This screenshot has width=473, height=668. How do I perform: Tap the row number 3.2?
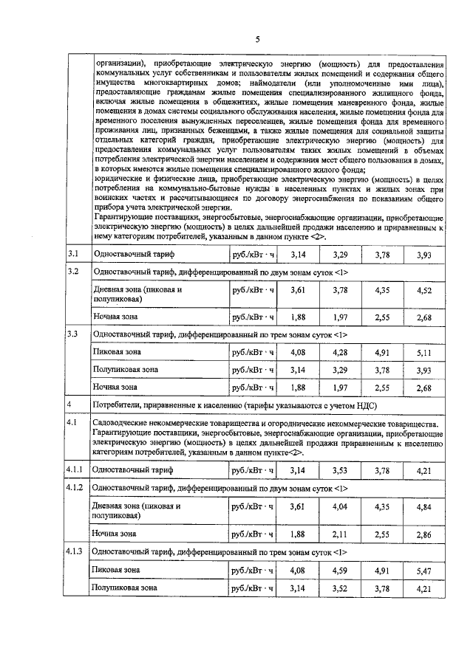(x=72, y=272)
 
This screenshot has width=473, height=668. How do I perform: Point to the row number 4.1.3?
(x=75, y=551)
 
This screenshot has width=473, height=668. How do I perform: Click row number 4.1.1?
(x=75, y=469)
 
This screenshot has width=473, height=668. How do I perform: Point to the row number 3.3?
(x=72, y=334)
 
